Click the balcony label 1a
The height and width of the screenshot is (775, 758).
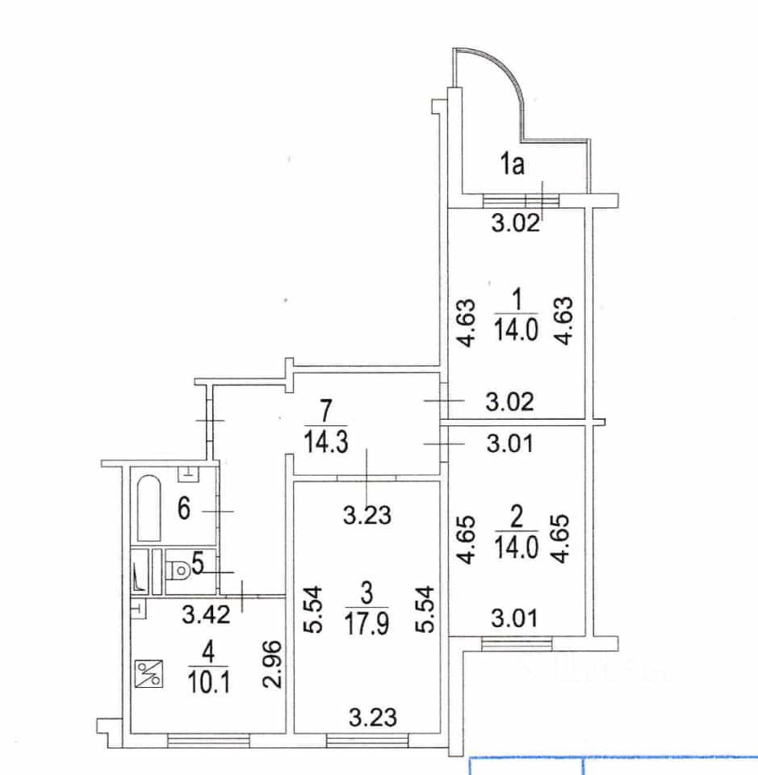[512, 164]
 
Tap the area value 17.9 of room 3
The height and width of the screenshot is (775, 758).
[366, 624]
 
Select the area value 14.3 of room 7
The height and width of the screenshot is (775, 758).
[325, 442]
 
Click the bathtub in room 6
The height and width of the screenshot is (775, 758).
[149, 508]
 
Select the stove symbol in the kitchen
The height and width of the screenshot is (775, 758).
[149, 673]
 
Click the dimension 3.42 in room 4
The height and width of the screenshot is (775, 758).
[206, 614]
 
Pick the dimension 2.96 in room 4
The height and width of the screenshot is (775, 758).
[273, 664]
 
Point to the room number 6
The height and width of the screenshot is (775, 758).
[184, 508]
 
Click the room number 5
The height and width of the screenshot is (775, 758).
[198, 563]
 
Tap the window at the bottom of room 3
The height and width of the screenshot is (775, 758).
[367, 740]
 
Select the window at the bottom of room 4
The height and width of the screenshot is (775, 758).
[208, 740]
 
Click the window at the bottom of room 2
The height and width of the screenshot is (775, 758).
[517, 644]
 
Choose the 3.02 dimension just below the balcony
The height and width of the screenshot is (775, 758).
[515, 224]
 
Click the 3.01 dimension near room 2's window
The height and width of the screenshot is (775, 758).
[514, 618]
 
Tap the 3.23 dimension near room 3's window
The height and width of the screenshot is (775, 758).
[373, 717]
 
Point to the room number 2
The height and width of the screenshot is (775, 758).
[517, 517]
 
